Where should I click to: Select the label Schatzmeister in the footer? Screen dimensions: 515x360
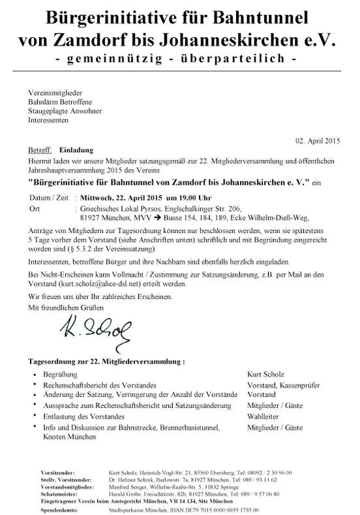coord(49,493)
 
